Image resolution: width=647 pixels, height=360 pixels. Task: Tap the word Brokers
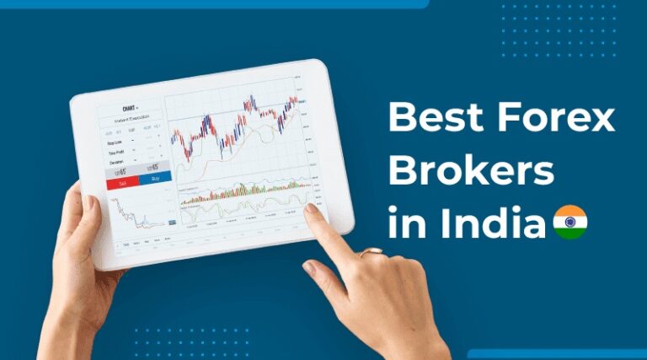471,173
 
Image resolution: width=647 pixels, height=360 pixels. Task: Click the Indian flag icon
570,223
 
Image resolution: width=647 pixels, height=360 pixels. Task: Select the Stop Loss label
115,143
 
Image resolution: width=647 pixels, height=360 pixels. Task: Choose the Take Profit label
115,153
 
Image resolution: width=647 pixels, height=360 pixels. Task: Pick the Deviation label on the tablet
115,164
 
